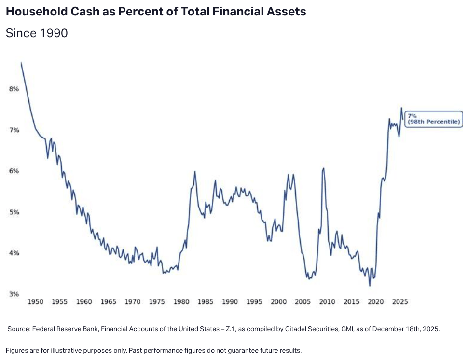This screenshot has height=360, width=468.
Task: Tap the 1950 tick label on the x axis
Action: click(x=35, y=302)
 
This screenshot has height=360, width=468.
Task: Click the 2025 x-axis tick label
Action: click(x=400, y=302)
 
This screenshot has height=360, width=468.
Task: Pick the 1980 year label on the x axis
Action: click(x=181, y=302)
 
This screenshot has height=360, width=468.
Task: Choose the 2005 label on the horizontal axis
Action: click(x=303, y=302)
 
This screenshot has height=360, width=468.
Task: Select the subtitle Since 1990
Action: click(x=37, y=33)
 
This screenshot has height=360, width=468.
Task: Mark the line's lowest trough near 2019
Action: click(x=370, y=286)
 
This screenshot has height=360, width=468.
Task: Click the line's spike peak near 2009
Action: click(x=323, y=168)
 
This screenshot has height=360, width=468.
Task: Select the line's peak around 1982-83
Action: click(x=194, y=171)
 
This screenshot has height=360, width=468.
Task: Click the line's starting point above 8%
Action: click(x=21, y=63)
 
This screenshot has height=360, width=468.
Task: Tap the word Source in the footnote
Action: click(x=18, y=329)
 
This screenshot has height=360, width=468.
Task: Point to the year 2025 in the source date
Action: click(x=431, y=329)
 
